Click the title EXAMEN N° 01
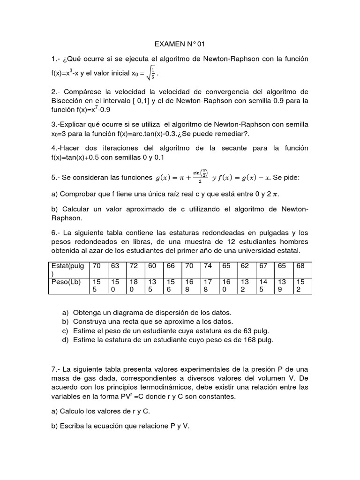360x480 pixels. click(180, 45)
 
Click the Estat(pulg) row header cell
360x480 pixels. click(68, 269)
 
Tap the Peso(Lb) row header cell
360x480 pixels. click(68, 285)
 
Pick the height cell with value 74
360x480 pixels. click(209, 266)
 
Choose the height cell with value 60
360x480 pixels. click(152, 266)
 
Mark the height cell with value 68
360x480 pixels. click(300, 266)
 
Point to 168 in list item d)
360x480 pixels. click(246, 340)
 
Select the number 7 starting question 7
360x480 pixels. click(53, 368)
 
